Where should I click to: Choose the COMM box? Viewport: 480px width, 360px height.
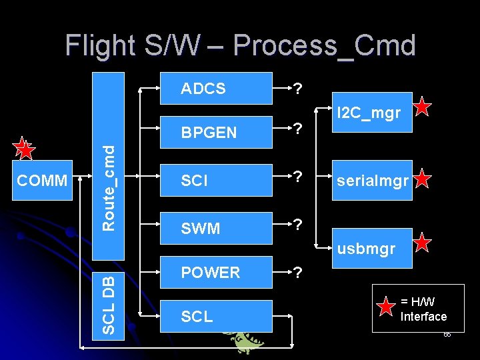(42, 181)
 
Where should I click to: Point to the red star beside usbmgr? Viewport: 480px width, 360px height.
(423, 243)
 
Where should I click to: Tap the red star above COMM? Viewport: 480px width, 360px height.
(25, 150)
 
